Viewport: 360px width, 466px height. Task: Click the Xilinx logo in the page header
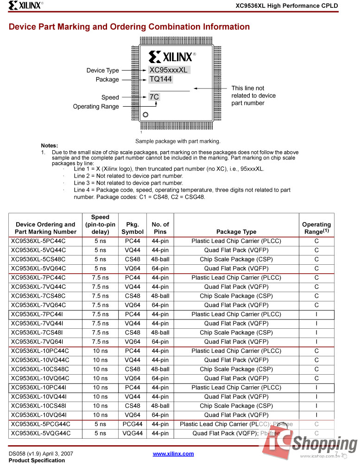pos(25,6)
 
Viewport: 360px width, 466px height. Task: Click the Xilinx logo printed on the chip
pos(172,57)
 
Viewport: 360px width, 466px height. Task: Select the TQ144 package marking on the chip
pos(161,79)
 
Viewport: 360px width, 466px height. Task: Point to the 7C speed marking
pos(154,97)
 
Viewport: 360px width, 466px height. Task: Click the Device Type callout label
pos(102,70)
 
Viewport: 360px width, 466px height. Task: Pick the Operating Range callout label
pos(96,107)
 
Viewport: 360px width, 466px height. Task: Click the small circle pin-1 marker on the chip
pos(145,115)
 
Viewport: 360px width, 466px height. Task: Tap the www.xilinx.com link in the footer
pos(173,453)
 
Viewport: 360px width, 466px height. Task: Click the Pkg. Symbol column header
pos(133,228)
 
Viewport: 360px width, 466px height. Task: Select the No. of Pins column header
pos(160,228)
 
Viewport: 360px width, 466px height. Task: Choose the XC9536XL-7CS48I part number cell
pos(38,332)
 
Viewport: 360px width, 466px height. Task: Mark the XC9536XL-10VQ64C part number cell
pos(40,378)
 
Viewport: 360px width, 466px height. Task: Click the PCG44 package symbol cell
pos(133,424)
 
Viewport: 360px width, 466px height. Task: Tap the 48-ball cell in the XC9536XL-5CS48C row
pos(160,259)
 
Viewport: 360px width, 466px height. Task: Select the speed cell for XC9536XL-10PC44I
pos(100,388)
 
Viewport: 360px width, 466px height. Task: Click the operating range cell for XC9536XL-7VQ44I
pos(316,324)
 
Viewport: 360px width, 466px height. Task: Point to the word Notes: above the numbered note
pos(50,146)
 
